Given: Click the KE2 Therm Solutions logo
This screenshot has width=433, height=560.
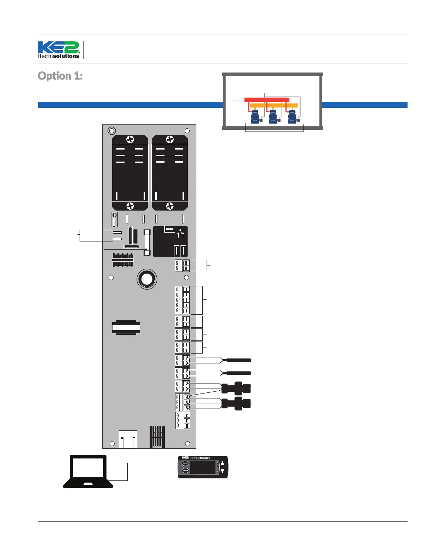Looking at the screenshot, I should [59, 50].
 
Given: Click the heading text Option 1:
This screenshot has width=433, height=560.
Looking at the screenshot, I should [60, 76].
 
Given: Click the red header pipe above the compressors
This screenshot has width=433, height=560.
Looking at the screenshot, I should [267, 100].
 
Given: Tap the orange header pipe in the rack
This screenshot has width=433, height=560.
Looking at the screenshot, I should [273, 105].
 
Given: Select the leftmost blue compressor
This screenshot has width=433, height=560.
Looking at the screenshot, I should [255, 117].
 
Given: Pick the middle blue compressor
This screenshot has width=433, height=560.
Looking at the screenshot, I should [273, 117].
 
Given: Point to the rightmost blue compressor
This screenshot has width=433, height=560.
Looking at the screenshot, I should [292, 117].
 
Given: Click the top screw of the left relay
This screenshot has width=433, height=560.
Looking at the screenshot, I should [130, 139].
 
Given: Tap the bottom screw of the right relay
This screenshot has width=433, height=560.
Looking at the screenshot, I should [170, 206].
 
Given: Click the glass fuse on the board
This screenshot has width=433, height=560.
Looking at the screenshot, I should [147, 242].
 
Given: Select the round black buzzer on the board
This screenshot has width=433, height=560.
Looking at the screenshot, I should [147, 279].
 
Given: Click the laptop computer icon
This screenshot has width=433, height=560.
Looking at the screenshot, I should [88, 472].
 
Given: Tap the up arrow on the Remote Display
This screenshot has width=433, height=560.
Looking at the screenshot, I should [223, 463].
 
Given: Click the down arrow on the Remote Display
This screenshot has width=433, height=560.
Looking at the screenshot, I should [223, 471].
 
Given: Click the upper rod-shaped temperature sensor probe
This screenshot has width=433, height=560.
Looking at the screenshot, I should [238, 360].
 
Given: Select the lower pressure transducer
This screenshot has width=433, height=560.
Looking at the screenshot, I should [236, 403].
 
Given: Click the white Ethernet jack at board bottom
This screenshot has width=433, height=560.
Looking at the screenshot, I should [128, 439].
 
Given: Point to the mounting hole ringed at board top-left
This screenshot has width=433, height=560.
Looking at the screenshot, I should [112, 131].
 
